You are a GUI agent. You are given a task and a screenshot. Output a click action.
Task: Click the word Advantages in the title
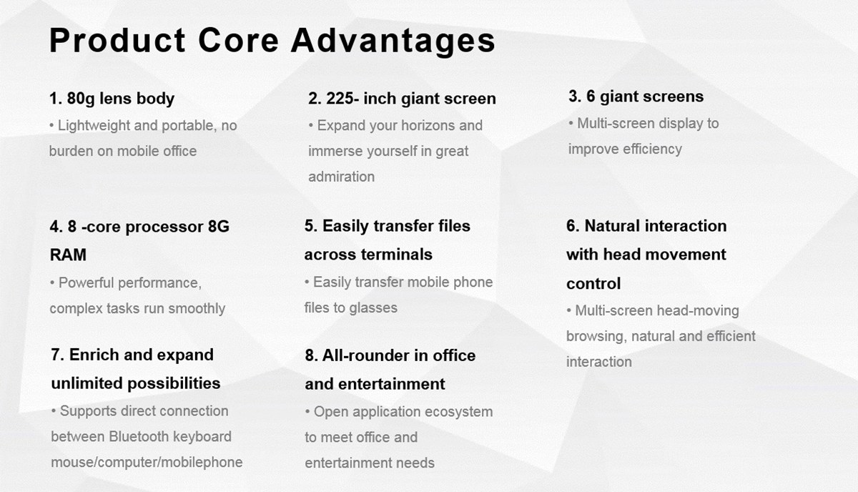[393, 41]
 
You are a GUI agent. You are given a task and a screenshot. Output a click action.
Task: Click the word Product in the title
[117, 40]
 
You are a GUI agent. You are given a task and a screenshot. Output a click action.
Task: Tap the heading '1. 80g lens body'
[112, 99]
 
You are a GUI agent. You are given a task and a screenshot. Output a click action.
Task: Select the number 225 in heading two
[340, 99]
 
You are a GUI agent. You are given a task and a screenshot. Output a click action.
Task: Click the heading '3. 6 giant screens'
[636, 97]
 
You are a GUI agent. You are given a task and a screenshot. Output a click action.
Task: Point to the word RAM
[68, 255]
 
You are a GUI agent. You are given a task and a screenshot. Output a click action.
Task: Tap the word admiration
[341, 177]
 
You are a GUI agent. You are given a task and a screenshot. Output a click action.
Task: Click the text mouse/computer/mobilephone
[147, 463]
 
